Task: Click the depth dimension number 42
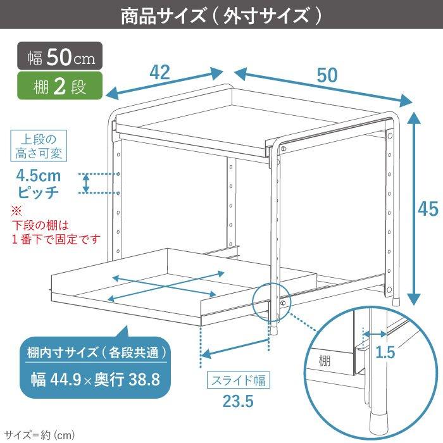[160, 73]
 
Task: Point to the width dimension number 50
[327, 75]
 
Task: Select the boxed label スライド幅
[239, 380]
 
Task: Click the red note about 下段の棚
[56, 233]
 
